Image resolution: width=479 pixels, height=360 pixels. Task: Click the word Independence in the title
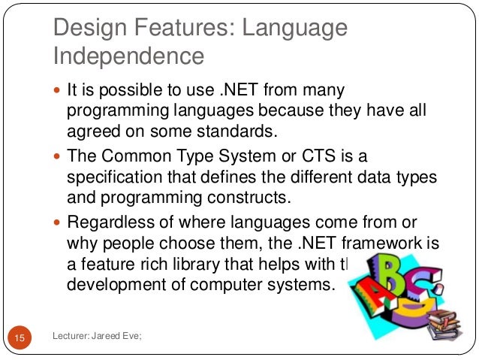tap(128, 56)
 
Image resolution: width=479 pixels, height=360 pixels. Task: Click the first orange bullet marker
tap(59, 92)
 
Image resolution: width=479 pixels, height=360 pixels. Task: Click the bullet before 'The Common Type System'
tap(59, 157)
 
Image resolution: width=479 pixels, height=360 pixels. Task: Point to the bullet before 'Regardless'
tap(59, 222)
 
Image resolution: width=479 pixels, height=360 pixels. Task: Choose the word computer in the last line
tap(216, 286)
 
